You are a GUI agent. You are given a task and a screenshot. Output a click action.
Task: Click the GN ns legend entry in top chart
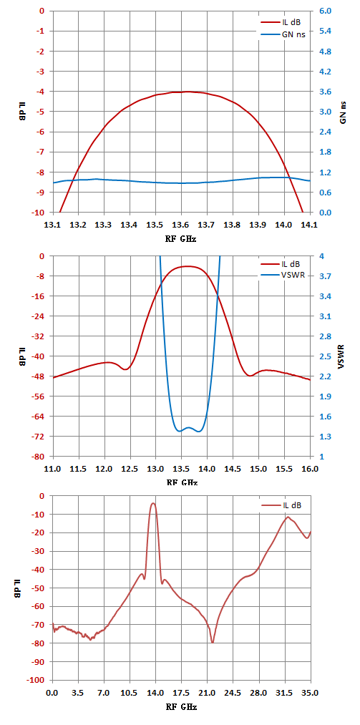click(283, 34)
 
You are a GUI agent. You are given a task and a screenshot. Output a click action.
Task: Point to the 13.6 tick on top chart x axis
click(181, 225)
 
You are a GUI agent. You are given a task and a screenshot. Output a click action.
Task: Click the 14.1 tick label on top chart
click(309, 225)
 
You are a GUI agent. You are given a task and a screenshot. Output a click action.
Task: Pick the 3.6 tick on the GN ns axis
click(321, 92)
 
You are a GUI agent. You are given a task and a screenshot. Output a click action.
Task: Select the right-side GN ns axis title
click(343, 112)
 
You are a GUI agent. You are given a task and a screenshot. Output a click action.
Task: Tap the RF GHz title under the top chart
click(181, 239)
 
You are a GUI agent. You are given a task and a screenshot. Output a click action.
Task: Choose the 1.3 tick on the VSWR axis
click(321, 437)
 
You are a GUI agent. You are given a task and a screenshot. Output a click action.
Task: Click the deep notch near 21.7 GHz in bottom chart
click(213, 642)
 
